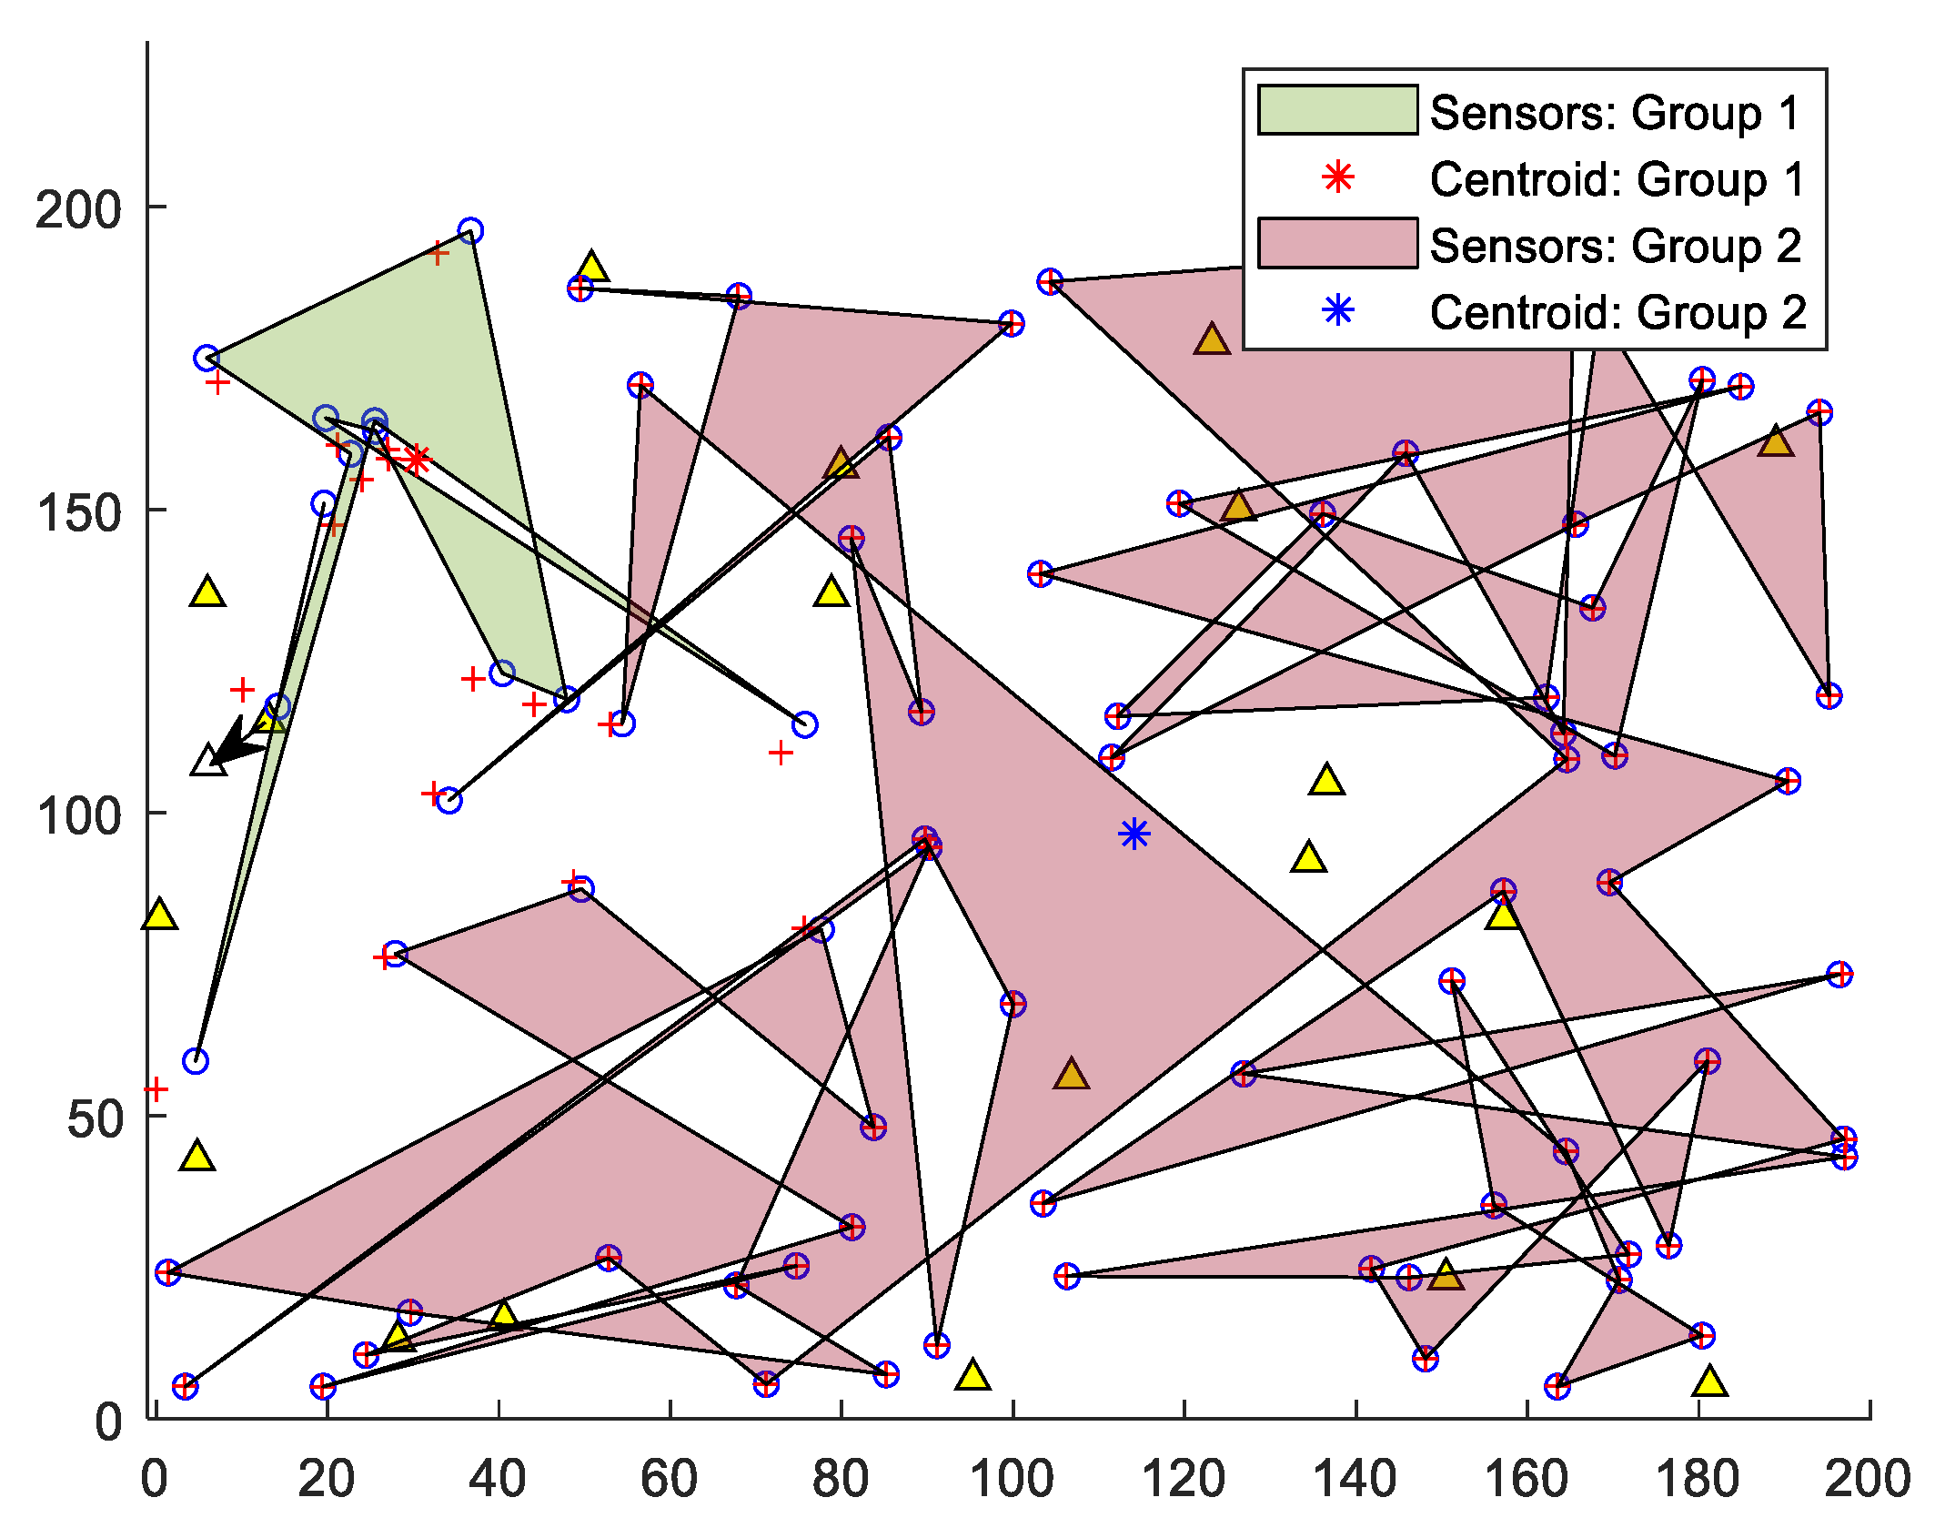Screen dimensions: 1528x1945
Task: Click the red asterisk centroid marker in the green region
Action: (417, 460)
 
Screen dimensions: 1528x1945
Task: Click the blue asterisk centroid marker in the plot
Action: (1134, 834)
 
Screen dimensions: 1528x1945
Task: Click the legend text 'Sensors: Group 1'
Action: (1615, 113)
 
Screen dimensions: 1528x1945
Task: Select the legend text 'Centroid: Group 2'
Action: (1617, 313)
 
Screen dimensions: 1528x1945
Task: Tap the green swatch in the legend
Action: (1337, 110)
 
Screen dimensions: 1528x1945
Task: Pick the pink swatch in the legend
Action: (1337, 243)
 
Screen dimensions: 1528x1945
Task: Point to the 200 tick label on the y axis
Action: (78, 209)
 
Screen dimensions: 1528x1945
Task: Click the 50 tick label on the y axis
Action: (95, 1118)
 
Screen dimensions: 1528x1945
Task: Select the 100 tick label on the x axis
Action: (1012, 1480)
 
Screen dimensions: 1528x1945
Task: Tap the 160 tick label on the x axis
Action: (1527, 1480)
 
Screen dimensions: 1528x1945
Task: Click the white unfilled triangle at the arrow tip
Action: (208, 761)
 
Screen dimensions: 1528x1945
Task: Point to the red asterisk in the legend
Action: (1338, 177)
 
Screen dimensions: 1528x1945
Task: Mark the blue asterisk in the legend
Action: (1338, 311)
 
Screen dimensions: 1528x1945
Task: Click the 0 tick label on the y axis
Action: (108, 1422)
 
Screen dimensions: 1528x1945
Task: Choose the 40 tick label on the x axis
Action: (498, 1480)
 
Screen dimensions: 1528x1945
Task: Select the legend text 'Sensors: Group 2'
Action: (1615, 246)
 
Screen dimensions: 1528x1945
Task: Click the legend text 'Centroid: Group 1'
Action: (1617, 179)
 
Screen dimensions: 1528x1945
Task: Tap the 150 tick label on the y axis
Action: (78, 512)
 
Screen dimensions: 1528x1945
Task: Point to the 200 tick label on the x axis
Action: (1868, 1480)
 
